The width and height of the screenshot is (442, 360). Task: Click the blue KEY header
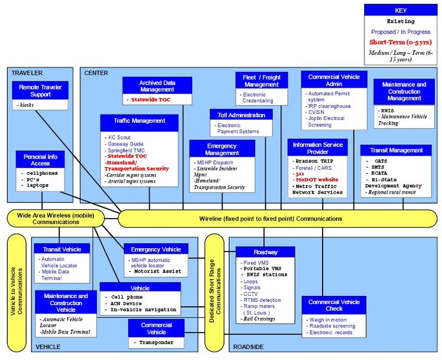401,10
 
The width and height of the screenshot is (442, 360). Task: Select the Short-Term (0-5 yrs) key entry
401,43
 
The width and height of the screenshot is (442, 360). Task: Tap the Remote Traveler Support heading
40,91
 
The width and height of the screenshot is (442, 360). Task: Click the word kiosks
27,105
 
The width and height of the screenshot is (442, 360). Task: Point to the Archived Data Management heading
157,86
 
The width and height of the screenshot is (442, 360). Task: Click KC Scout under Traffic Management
119,137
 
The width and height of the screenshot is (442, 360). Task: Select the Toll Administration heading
241,115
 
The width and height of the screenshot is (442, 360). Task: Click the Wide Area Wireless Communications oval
56,218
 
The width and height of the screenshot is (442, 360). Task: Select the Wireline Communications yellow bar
278,218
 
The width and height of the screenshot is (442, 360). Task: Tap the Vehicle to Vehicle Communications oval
17,291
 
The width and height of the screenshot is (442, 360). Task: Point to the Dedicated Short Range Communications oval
214,291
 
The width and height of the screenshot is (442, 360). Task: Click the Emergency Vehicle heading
156,249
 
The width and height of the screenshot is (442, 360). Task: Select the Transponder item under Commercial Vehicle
156,342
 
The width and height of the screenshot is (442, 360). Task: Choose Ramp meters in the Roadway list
259,306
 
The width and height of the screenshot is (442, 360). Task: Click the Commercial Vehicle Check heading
334,305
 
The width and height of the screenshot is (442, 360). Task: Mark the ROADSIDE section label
248,347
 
